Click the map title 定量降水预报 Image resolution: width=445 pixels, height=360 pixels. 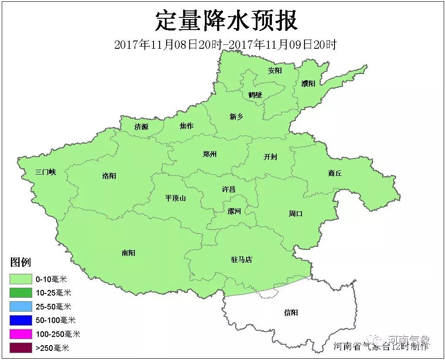pos(226,20)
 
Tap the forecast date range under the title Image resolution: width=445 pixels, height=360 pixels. pos(225,44)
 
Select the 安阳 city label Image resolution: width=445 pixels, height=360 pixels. pos(275,71)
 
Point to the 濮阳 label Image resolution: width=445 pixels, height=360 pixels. pos(308,84)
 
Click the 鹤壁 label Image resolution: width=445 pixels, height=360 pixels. pos(255,94)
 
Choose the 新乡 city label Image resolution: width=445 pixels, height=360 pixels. pos(236,116)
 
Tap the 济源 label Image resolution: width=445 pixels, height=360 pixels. pos(141,127)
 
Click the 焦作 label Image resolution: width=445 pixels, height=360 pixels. pos(187,126)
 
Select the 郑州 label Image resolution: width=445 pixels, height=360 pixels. pos(210,154)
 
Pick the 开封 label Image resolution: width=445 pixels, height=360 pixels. pos(270,157)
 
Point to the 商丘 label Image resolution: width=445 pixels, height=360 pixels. pos(335,173)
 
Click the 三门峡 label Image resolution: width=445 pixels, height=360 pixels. pos(46,172)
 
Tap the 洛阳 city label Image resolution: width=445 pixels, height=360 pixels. pos(109,176)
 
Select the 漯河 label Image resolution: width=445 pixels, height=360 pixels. pos(234,211)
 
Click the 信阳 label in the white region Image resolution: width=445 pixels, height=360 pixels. pos(291,313)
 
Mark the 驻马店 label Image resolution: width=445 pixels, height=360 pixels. pos(241,260)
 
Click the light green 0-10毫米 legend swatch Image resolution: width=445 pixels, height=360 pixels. pos(21,279)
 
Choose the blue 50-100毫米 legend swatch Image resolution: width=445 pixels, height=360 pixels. pos(21,320)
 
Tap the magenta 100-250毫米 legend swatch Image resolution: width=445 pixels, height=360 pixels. pos(21,334)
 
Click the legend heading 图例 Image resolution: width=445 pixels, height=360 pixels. pos(20,262)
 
